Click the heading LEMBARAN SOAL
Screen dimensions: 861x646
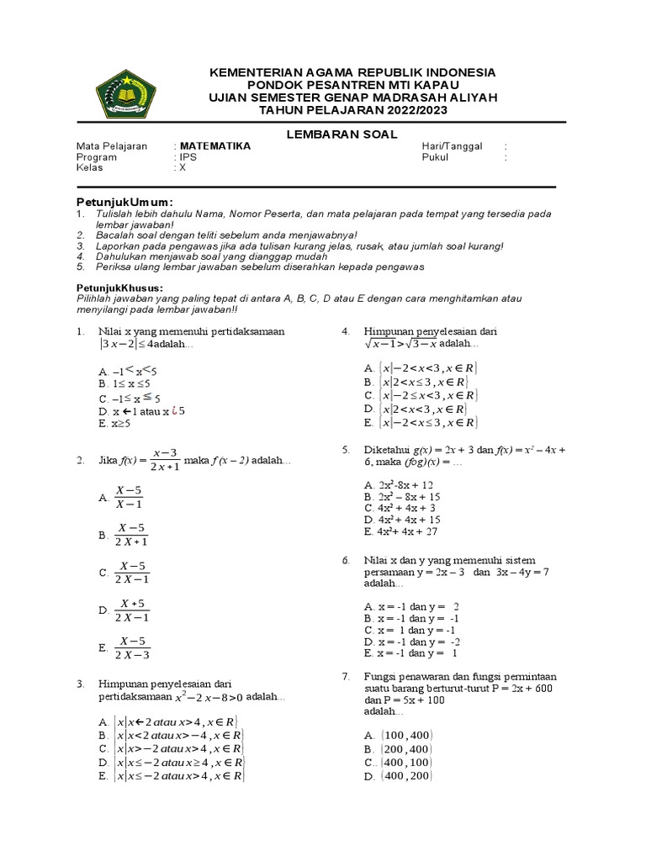pos(353,134)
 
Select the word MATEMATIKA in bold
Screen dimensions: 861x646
pos(214,145)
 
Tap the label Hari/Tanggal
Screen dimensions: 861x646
pos(452,145)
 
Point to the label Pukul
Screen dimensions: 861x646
pos(436,156)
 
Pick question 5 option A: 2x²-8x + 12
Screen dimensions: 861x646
pos(399,485)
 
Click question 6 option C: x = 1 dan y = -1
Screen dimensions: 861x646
pos(410,630)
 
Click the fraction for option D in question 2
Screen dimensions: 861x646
pos(133,610)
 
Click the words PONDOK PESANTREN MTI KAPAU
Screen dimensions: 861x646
pos(353,85)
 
